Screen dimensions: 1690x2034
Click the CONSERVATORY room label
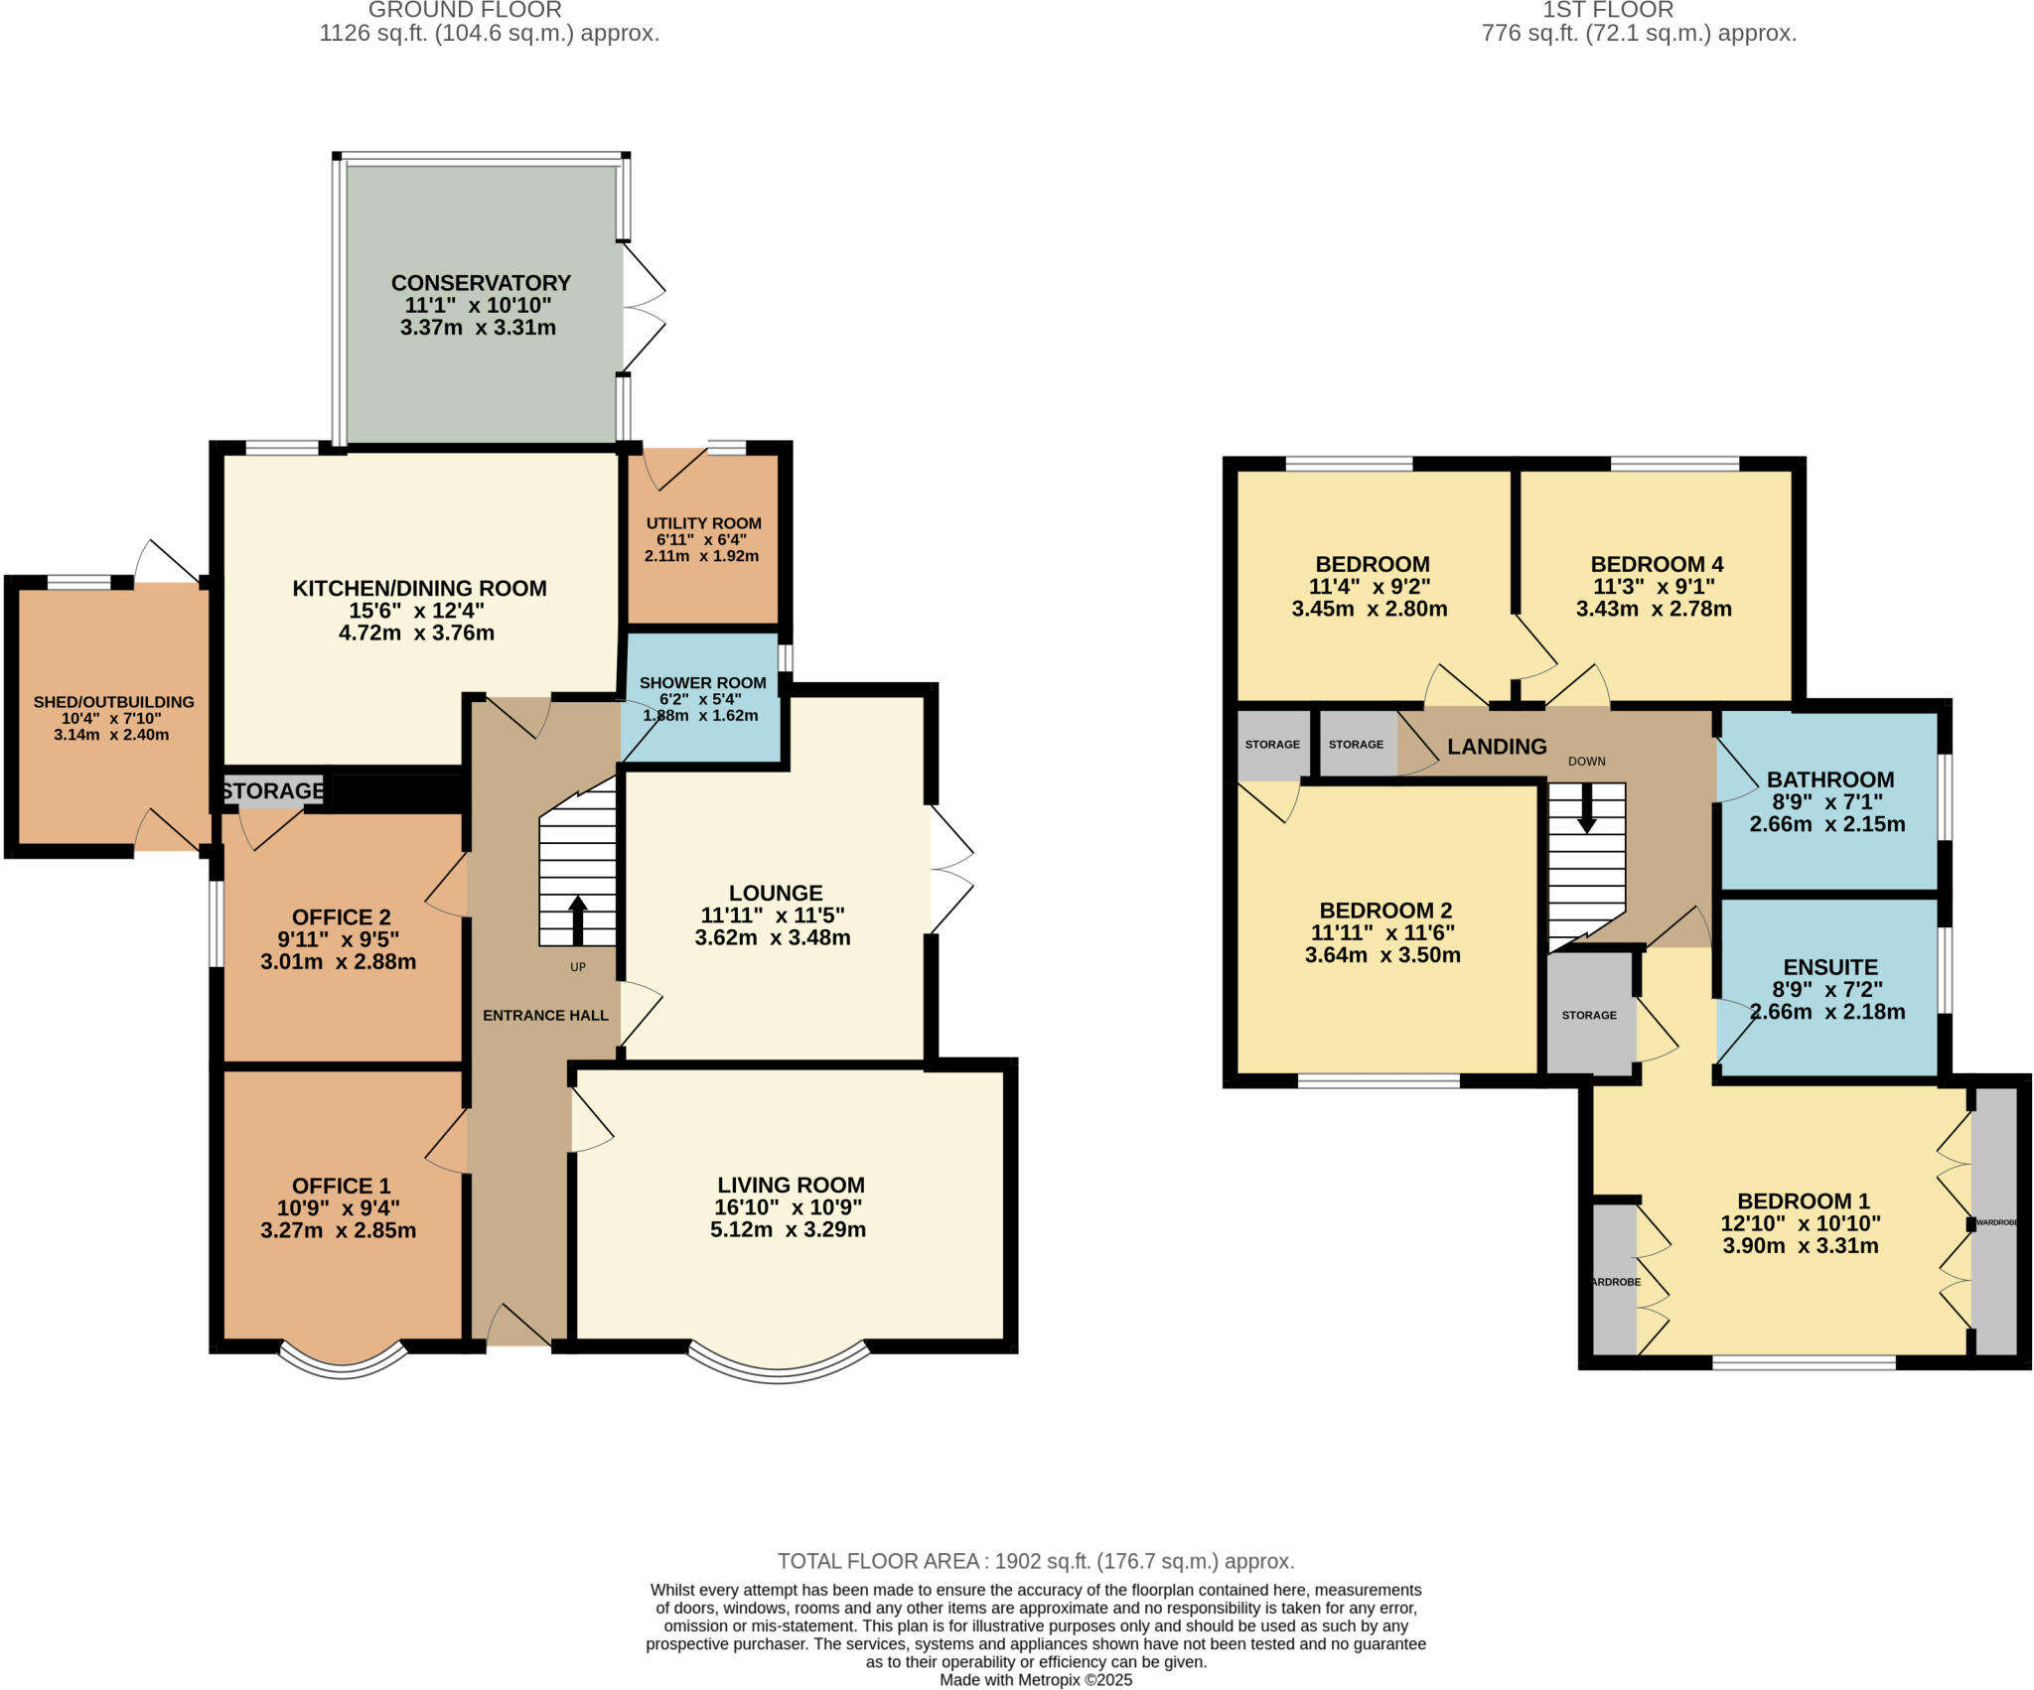pyautogui.click(x=481, y=283)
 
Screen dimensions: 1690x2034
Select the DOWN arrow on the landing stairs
pyautogui.click(x=1587, y=808)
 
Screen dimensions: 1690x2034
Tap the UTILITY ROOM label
pyautogui.click(x=703, y=523)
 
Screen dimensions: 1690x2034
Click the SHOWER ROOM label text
pyautogui.click(x=702, y=683)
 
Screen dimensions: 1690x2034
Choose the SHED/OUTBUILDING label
pyautogui.click(x=113, y=702)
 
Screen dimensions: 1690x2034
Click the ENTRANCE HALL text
pyautogui.click(x=545, y=1015)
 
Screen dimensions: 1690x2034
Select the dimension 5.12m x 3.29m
pyautogui.click(x=788, y=1230)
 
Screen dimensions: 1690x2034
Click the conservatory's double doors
pyautogui.click(x=644, y=309)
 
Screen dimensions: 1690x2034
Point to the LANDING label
pyautogui.click(x=1497, y=747)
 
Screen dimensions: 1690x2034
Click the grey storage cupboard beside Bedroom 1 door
pyautogui.click(x=1589, y=1014)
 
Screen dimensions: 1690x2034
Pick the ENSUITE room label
pyautogui.click(x=1829, y=967)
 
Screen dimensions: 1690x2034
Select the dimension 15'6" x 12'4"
pyautogui.click(x=416, y=611)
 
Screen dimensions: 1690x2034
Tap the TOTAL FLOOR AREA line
pyautogui.click(x=1035, y=1561)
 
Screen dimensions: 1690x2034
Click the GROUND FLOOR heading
pyautogui.click(x=465, y=10)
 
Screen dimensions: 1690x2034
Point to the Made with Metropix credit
pyautogui.click(x=1035, y=1680)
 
